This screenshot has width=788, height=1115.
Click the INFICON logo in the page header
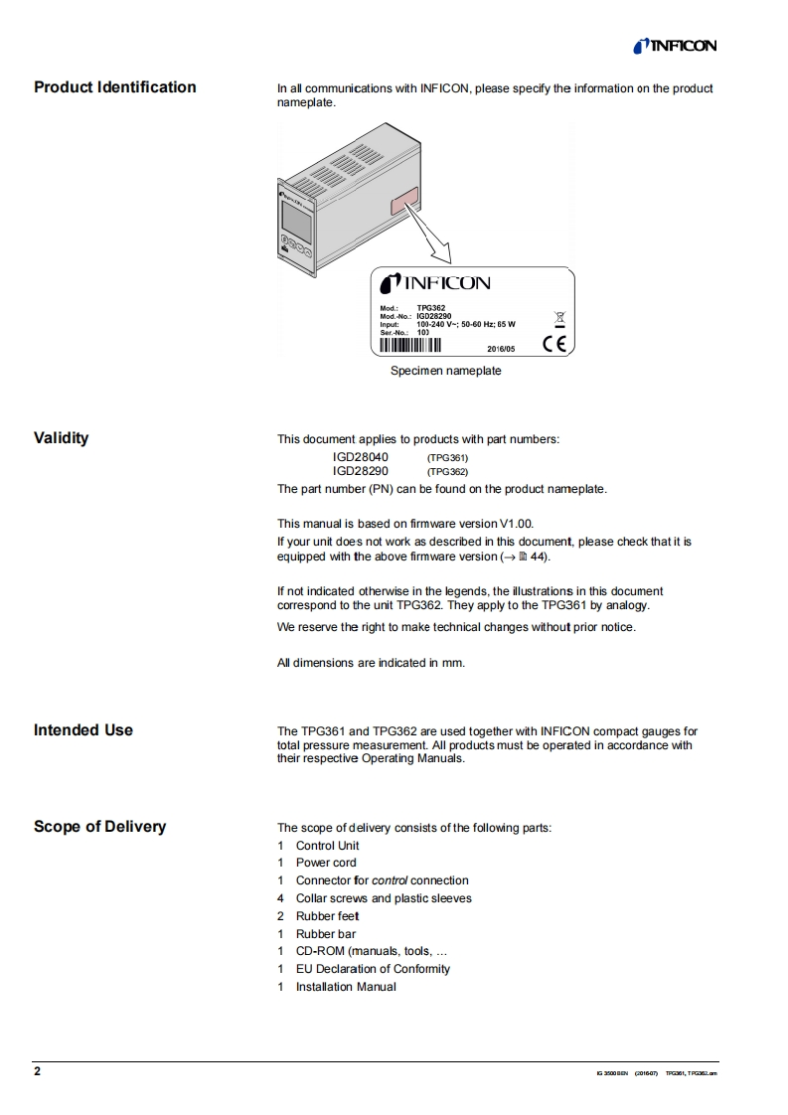click(674, 46)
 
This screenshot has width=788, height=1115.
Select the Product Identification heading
click(115, 87)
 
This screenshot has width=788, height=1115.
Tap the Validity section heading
click(62, 438)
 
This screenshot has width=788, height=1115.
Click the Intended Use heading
click(83, 730)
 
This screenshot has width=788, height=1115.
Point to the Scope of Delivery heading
click(99, 827)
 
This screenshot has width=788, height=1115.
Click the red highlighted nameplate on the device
click(401, 206)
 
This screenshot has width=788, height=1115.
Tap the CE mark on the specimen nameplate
click(554, 346)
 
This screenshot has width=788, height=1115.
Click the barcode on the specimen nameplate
click(409, 346)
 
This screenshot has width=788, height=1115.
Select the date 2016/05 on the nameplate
click(501, 349)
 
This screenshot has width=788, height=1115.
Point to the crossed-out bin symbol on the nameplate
click(559, 317)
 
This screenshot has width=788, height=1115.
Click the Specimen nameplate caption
click(445, 371)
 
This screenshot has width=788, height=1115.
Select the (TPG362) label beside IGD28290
click(447, 472)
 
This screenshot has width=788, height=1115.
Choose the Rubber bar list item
click(326, 934)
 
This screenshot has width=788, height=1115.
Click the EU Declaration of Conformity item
click(373, 969)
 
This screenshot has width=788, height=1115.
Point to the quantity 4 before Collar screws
click(281, 898)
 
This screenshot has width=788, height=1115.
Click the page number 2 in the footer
click(38, 1072)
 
